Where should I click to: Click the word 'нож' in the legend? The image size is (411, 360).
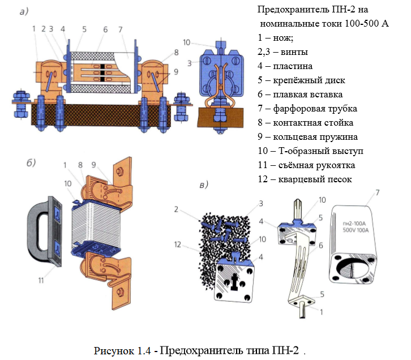click(282, 38)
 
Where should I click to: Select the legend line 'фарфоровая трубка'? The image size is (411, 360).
click(315, 109)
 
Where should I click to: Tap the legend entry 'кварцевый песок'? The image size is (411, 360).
click(315, 179)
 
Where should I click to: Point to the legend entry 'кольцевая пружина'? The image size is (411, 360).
click(315, 137)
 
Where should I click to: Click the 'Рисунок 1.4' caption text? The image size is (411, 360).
click(122, 350)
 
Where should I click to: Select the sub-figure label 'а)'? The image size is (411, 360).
click(24, 11)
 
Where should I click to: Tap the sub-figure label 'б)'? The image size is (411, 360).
click(31, 162)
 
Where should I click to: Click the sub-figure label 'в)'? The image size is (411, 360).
click(204, 185)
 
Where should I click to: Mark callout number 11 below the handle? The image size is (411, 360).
click(41, 280)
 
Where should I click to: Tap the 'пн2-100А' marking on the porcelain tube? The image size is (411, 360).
click(354, 224)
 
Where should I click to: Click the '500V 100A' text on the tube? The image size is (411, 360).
click(356, 230)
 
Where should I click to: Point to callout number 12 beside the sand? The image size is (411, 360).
click(177, 245)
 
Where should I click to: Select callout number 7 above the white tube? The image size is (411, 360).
click(377, 192)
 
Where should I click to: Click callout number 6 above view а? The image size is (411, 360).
click(105, 29)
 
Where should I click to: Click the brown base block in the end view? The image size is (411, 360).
click(221, 117)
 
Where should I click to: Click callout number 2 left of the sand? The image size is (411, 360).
click(176, 209)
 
